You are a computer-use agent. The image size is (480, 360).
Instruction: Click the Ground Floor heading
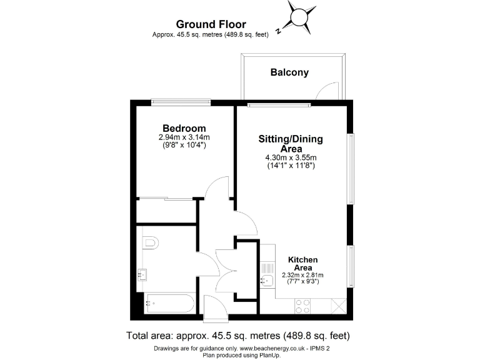click(212, 24)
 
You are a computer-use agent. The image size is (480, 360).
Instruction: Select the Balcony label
click(289, 72)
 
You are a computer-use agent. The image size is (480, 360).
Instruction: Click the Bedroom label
click(184, 129)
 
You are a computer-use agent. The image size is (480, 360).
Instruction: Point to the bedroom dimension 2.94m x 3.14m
click(184, 137)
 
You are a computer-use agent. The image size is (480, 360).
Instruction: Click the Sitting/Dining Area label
click(291, 144)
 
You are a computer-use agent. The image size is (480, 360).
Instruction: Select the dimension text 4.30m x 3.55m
click(291, 158)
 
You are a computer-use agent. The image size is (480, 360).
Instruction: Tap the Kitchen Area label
click(302, 263)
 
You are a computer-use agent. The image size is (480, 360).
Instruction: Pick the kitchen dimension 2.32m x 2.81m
click(302, 275)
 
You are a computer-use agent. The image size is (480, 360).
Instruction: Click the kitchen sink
click(267, 279)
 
